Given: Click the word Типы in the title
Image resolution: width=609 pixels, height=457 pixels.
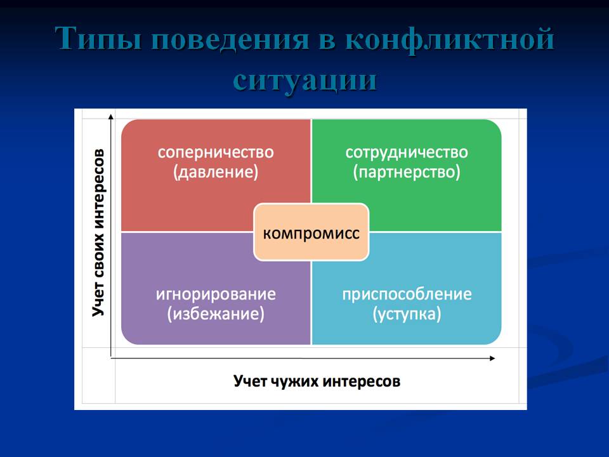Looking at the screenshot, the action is pyautogui.click(x=98, y=39).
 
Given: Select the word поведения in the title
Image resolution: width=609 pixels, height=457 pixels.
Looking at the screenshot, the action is pyautogui.click(x=233, y=39).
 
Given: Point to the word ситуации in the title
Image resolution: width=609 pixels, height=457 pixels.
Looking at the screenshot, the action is pyautogui.click(x=305, y=81).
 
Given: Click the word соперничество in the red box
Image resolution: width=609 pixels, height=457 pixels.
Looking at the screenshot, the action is pyautogui.click(x=216, y=152).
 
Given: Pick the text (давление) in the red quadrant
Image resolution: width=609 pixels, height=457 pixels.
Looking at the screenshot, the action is pyautogui.click(x=216, y=172).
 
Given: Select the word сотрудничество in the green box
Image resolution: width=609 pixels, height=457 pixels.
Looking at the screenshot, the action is pyautogui.click(x=407, y=153).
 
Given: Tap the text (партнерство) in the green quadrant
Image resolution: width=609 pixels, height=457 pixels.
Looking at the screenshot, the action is pyautogui.click(x=407, y=172).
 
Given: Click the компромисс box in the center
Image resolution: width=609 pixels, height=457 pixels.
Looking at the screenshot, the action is pyautogui.click(x=311, y=232).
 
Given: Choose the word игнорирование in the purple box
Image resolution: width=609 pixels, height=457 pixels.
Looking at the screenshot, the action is pyautogui.click(x=216, y=295).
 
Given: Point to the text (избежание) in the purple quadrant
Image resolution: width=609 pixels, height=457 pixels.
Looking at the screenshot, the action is pyautogui.click(x=216, y=314).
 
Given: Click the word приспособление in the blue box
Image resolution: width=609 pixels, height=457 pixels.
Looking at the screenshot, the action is pyautogui.click(x=407, y=295).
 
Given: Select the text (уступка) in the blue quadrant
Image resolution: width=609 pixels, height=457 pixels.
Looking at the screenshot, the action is pyautogui.click(x=407, y=314).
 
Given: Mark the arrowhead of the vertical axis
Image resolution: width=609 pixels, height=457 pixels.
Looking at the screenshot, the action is pyautogui.click(x=111, y=116).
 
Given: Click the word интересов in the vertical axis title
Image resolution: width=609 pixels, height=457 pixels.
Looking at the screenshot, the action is pyautogui.click(x=99, y=189).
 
